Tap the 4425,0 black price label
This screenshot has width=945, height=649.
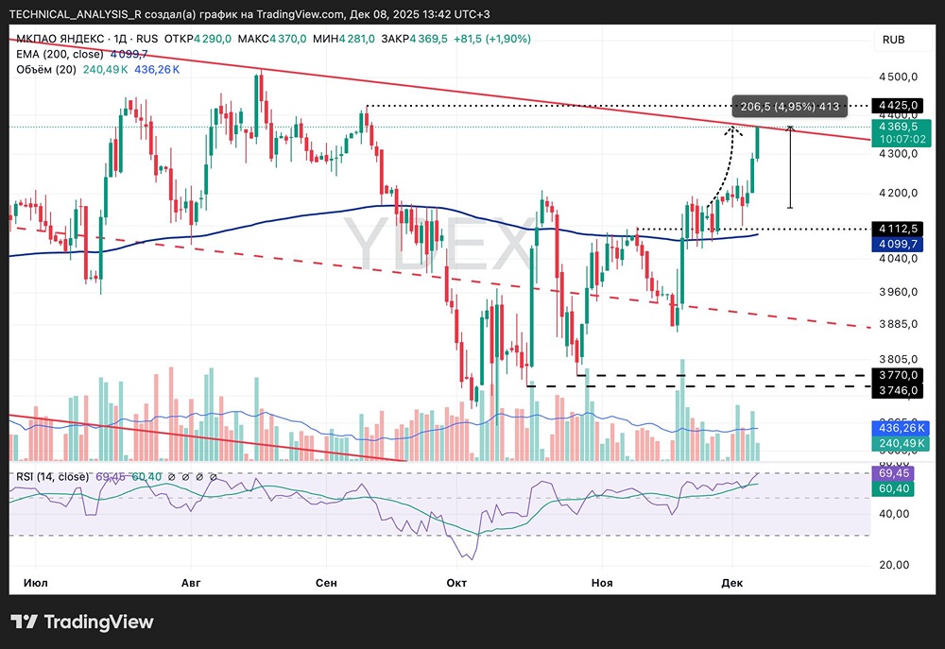894,106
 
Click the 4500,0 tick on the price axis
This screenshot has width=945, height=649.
897,77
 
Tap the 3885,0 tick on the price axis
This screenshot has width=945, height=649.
897,324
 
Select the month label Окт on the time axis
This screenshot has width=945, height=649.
457,583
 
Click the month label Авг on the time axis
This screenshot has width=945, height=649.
191,583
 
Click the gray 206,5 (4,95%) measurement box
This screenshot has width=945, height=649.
790,106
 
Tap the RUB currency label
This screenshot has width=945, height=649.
893,40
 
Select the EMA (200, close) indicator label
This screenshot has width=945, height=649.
59,54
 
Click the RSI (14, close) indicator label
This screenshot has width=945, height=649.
53,476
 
